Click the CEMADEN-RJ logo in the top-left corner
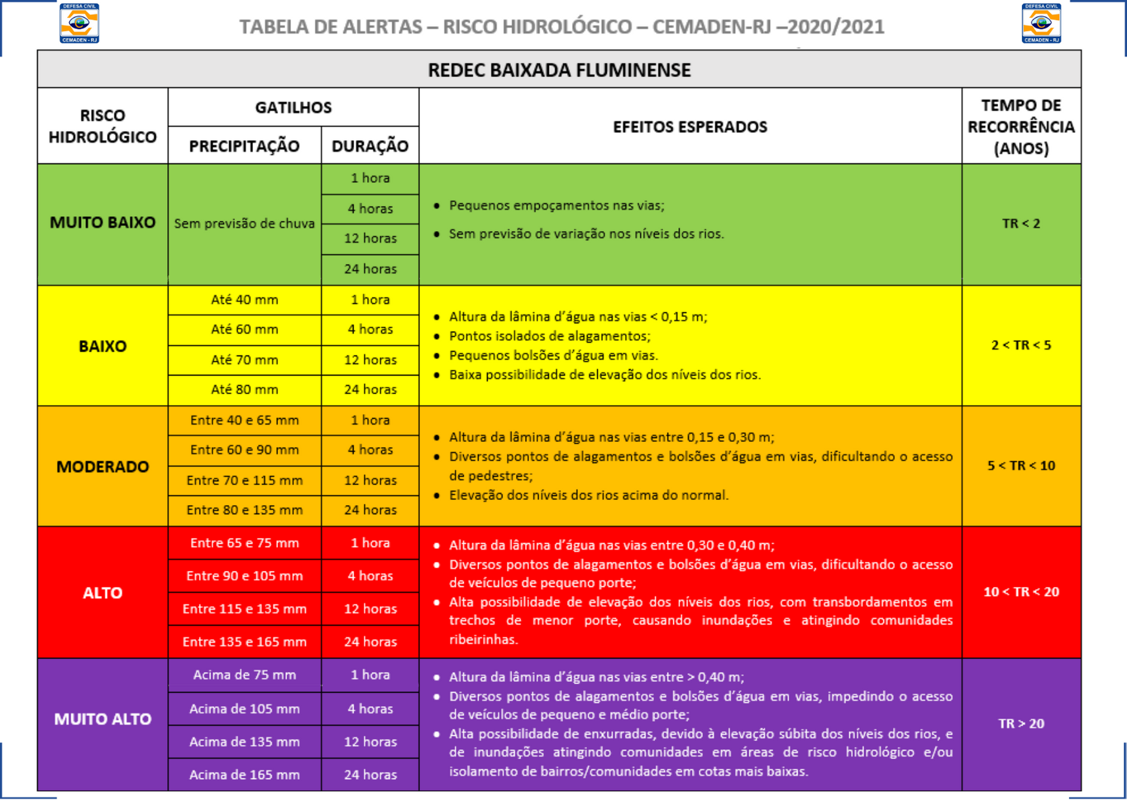[x=79, y=23]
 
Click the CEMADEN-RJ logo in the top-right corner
[x=1041, y=23]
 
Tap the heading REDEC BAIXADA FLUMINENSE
[x=559, y=70]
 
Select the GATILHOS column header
[x=293, y=107]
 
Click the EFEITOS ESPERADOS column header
[x=690, y=126]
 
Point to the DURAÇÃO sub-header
[x=370, y=146]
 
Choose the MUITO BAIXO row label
[x=103, y=223]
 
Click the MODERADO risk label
[x=103, y=466]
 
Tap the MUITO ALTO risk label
[x=103, y=719]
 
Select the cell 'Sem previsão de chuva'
[x=244, y=223]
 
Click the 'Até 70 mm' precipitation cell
[x=244, y=359]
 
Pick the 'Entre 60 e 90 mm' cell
[x=244, y=450]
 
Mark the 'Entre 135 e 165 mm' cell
[x=244, y=641]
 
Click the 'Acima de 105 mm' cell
[x=244, y=708]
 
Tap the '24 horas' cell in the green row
[x=370, y=268]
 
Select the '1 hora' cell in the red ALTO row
[x=370, y=543]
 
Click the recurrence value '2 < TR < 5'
[x=1021, y=345]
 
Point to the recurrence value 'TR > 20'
[x=1021, y=723]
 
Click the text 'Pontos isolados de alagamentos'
[x=550, y=335]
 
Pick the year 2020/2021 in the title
[x=836, y=26]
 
